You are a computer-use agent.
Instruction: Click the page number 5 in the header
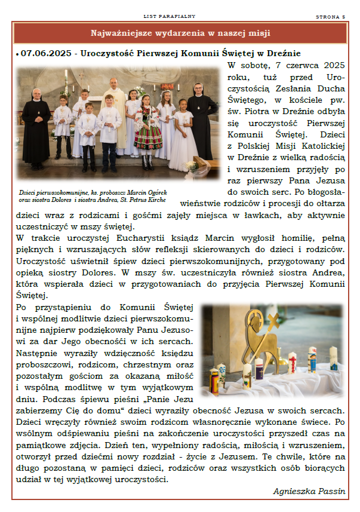pos(344,17)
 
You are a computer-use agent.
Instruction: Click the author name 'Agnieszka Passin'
pos(309,491)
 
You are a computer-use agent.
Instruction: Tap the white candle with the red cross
pos(292,361)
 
